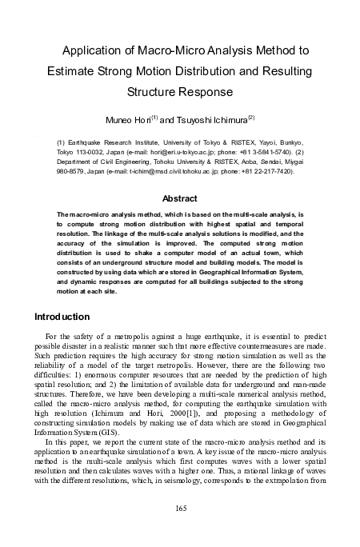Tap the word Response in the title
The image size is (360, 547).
(206, 91)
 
